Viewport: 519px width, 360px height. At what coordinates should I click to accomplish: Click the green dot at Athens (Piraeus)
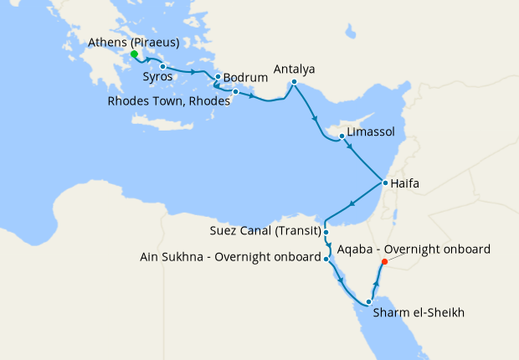[134, 54]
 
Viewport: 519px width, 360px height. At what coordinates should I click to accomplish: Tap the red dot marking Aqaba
[385, 262]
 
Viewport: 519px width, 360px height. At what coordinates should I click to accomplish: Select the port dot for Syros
[162, 66]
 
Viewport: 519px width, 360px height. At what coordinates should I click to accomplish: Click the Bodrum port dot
[218, 78]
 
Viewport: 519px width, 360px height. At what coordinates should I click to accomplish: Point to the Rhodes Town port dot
[236, 91]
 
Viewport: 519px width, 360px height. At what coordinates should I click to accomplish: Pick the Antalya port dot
[294, 82]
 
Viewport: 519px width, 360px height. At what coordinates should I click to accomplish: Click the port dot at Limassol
[342, 136]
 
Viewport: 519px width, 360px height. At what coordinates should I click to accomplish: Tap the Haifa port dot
[384, 183]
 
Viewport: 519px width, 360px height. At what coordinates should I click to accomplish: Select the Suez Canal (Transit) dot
[326, 233]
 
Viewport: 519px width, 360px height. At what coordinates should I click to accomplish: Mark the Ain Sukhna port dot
[326, 260]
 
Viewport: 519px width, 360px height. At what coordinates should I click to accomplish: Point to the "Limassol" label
[370, 132]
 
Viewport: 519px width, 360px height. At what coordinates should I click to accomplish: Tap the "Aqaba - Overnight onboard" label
[419, 249]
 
